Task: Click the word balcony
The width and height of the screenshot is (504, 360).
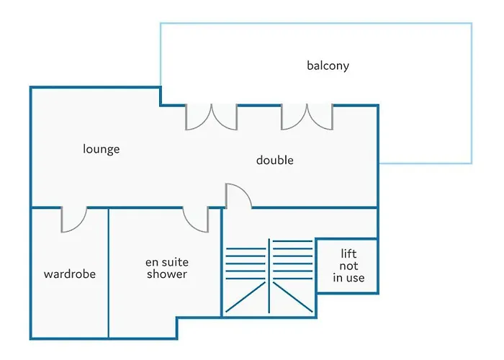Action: click(x=328, y=66)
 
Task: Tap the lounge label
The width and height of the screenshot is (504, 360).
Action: click(x=102, y=149)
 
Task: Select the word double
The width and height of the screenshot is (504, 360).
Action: click(x=275, y=160)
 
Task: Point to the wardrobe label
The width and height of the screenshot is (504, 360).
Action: click(x=70, y=274)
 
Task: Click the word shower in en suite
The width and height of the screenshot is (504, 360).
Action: click(x=167, y=274)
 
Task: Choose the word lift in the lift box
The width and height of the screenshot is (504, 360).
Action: click(x=348, y=253)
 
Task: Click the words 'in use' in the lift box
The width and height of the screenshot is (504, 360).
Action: click(x=348, y=278)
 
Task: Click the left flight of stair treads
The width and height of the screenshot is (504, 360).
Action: click(x=246, y=264)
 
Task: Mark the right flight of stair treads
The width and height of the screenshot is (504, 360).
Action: click(x=292, y=260)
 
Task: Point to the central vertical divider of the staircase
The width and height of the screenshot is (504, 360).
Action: click(x=269, y=276)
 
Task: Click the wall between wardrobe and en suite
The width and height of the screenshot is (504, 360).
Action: click(x=108, y=273)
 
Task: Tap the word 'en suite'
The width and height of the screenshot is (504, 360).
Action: click(x=167, y=262)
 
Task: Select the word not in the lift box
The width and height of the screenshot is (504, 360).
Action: click(x=348, y=266)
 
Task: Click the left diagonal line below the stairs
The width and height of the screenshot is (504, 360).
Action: click(x=246, y=297)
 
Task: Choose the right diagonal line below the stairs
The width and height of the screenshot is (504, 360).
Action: click(x=292, y=297)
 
